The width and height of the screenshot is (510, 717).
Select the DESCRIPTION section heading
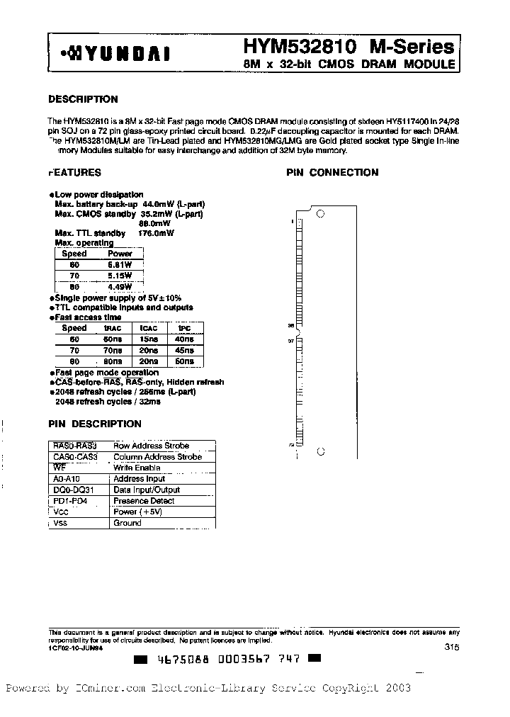pyautogui.click(x=83, y=99)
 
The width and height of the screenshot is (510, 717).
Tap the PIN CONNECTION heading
pyautogui.click(x=332, y=172)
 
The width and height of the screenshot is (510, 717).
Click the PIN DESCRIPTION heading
pyautogui.click(x=95, y=424)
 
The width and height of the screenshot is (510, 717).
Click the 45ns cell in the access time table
pyautogui.click(x=183, y=350)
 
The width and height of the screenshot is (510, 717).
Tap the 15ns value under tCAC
pyautogui.click(x=148, y=339)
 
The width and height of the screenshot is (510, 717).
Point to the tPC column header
pyautogui.click(x=183, y=328)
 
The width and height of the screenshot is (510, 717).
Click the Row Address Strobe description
pyautogui.click(x=151, y=446)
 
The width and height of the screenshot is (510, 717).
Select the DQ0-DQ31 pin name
pyautogui.click(x=68, y=490)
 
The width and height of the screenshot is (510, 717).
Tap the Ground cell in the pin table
pyautogui.click(x=127, y=523)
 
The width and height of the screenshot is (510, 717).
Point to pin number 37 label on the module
pyautogui.click(x=290, y=341)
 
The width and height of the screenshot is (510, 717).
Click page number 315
pyautogui.click(x=451, y=646)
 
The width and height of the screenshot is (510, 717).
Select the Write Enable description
pyautogui.click(x=137, y=468)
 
